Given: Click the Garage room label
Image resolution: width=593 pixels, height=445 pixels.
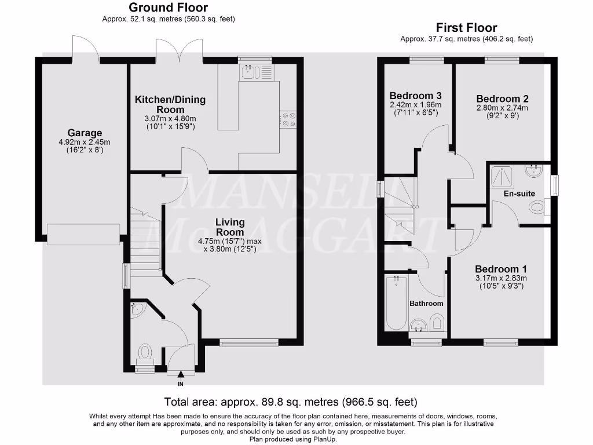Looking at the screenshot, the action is click(x=85, y=133).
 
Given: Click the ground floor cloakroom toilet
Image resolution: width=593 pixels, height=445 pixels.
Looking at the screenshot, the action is click(x=145, y=354).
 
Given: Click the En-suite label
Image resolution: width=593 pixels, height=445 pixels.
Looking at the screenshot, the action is click(x=519, y=194).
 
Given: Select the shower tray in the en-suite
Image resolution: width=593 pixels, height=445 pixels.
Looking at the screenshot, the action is click(x=502, y=176).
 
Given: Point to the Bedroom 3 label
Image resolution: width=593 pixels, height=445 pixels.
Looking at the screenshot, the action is click(x=416, y=96).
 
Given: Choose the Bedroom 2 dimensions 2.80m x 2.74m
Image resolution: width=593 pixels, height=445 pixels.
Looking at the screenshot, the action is click(x=502, y=108).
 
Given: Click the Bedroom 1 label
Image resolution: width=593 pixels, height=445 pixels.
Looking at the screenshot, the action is click(x=501, y=269).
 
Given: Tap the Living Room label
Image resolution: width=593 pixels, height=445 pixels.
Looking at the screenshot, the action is click(x=230, y=227).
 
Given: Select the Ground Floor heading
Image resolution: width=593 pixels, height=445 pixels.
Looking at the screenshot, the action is click(x=169, y=7).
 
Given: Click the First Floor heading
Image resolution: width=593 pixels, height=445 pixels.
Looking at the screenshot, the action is click(x=466, y=28).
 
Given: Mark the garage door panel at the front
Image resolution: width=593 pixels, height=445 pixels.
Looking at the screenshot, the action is click(x=83, y=234).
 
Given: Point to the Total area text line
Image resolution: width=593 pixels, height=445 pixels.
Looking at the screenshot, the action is click(x=291, y=402).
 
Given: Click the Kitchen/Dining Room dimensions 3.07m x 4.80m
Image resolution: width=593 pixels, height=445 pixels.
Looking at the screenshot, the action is click(x=170, y=119).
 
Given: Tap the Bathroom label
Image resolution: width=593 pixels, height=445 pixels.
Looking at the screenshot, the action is click(x=426, y=304).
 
